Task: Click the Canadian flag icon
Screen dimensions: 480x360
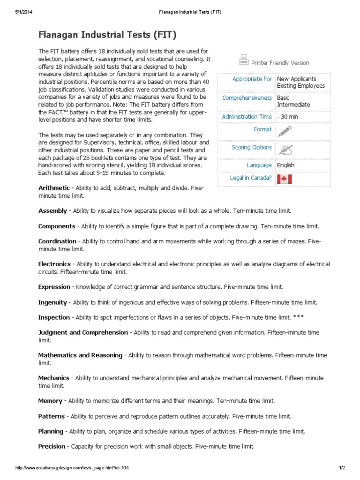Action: click(284, 179)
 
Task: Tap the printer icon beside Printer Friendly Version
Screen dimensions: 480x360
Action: click(243, 60)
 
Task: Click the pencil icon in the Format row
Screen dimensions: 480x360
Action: click(284, 131)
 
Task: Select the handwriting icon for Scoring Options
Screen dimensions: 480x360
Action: click(284, 150)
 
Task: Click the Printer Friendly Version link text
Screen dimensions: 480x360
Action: click(280, 63)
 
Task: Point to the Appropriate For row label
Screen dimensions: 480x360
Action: click(252, 79)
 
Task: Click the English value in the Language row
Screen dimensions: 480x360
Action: click(285, 165)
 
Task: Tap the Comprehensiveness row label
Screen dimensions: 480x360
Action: click(247, 98)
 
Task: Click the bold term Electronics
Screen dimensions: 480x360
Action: click(54, 264)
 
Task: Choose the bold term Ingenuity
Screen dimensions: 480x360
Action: click(52, 302)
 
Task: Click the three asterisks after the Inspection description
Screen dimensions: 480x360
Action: click(298, 317)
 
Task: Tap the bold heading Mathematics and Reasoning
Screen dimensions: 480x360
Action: click(80, 355)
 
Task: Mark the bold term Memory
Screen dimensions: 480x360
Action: click(50, 401)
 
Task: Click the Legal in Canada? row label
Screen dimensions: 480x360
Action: click(251, 178)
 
